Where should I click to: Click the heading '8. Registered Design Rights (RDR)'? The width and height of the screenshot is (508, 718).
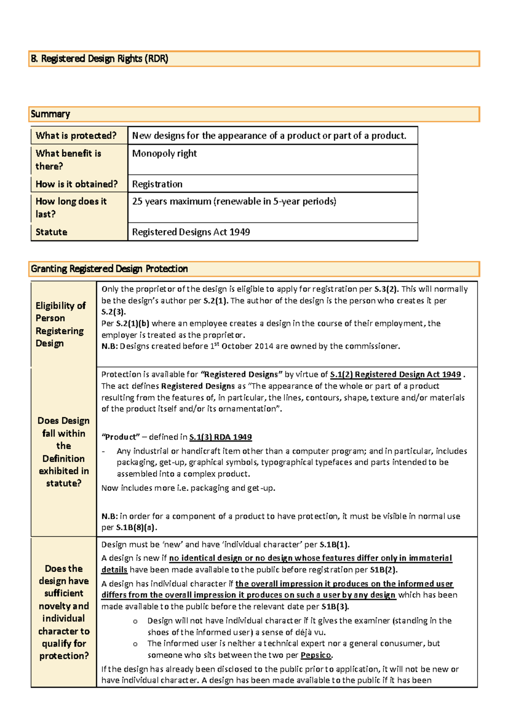[x=99, y=59]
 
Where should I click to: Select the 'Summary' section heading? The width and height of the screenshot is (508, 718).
[x=50, y=114]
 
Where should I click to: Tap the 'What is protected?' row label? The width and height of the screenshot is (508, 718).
[x=76, y=136]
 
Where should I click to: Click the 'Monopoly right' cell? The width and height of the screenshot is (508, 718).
[x=164, y=153]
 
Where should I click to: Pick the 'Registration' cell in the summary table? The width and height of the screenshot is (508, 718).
[x=157, y=184]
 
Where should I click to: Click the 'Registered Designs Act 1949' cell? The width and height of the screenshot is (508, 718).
[x=191, y=232]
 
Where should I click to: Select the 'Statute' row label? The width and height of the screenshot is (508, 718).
[x=51, y=232]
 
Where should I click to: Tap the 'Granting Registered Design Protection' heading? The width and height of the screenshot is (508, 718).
[x=109, y=269]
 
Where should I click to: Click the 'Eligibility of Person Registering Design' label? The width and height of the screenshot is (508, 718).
[x=61, y=324]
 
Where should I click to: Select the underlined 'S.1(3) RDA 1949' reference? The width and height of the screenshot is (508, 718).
[x=220, y=437]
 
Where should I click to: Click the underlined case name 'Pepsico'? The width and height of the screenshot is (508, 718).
[x=316, y=655]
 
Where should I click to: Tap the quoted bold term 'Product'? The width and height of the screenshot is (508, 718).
[x=121, y=437]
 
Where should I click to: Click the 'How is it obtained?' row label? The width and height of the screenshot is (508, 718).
[x=77, y=184]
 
